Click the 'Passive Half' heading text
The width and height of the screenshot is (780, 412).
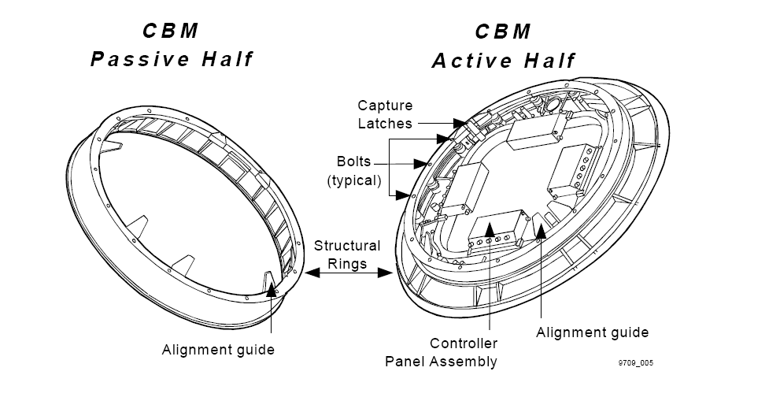(x=172, y=59)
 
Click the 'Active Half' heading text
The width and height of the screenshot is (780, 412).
(x=504, y=61)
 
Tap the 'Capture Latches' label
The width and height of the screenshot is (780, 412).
(x=385, y=114)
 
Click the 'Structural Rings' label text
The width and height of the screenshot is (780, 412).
(x=347, y=254)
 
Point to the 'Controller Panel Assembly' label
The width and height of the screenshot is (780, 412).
(x=442, y=352)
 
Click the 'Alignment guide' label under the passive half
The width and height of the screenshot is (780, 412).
(x=218, y=349)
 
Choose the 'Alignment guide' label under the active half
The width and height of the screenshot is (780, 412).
(x=592, y=332)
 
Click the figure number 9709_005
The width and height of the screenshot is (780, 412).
(x=636, y=364)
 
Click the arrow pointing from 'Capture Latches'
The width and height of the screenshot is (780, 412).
(x=440, y=123)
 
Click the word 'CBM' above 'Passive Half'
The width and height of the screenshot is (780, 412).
(x=171, y=32)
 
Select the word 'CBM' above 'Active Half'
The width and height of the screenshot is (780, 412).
(x=503, y=32)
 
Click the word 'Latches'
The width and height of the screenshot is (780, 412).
(x=385, y=123)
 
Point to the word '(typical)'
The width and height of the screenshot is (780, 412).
(x=354, y=180)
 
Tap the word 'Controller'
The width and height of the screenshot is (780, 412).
(x=463, y=343)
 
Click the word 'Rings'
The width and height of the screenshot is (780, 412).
(x=347, y=264)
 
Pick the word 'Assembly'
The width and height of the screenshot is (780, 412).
(x=468, y=362)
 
